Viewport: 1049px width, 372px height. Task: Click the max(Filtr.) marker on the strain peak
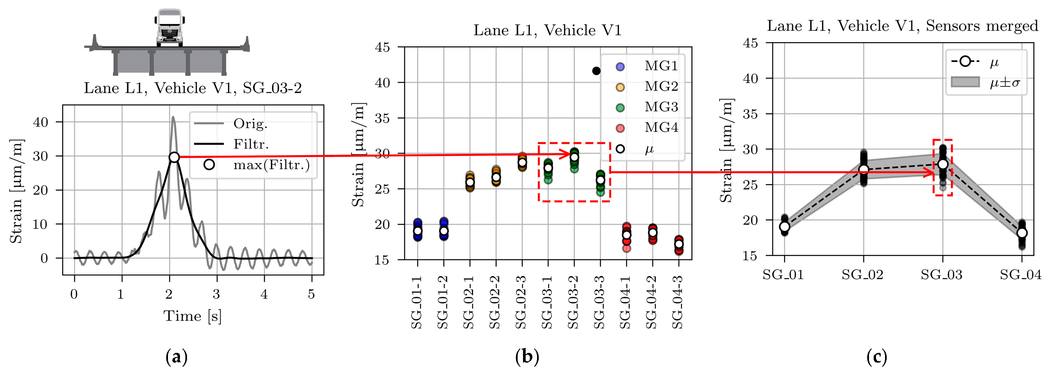click(x=174, y=157)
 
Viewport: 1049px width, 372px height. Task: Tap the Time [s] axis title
click(x=193, y=316)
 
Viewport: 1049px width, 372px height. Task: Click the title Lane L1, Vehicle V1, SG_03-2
click(x=193, y=88)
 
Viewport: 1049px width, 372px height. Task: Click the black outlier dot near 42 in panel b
click(x=596, y=71)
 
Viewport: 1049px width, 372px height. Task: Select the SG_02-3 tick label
click(x=521, y=302)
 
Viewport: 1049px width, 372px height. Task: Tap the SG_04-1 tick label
click(x=626, y=302)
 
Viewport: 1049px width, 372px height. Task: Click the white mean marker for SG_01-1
click(x=417, y=231)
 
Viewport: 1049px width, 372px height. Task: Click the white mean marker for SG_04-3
click(x=679, y=244)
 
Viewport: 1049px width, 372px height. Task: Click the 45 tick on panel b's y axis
click(x=382, y=47)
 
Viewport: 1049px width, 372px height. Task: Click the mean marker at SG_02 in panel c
click(x=864, y=169)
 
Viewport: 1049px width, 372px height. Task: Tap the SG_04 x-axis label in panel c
click(x=1021, y=275)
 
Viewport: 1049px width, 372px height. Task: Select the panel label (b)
click(x=527, y=357)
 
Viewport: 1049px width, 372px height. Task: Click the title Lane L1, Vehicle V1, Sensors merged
click(x=902, y=26)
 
